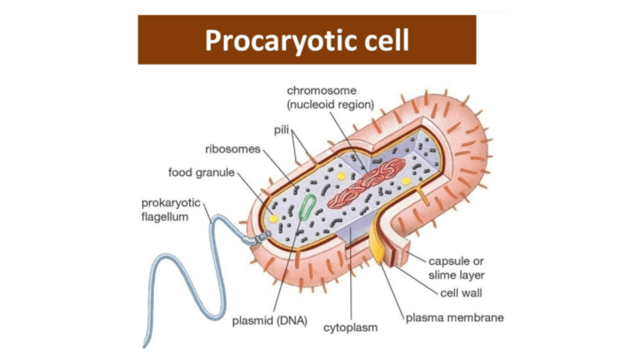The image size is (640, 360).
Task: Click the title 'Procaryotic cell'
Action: coord(306,39)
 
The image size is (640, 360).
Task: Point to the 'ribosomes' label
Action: coord(232,149)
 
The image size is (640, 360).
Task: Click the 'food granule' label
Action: coord(202,173)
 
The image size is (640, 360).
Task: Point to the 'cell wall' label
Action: coord(460,293)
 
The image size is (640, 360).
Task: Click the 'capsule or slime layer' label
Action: coord(457,268)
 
